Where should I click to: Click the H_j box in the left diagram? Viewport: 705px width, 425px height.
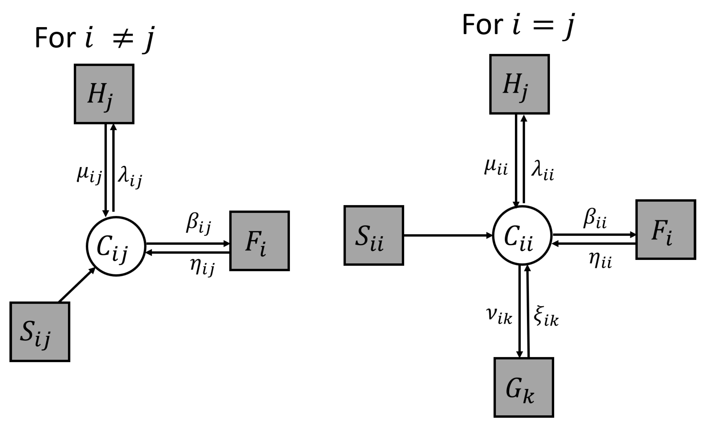pos(104,94)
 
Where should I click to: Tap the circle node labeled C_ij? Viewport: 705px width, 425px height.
pos(116,246)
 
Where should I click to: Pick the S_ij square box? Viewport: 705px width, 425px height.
pos(40,332)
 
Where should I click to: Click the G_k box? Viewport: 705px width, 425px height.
pos(524,387)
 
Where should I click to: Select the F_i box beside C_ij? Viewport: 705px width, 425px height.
pos(260,241)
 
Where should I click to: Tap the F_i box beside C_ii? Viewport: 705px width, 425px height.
pos(666,230)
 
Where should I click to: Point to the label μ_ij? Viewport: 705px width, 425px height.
pos(89,175)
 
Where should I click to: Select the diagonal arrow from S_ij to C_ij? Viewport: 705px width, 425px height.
pos(77,285)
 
